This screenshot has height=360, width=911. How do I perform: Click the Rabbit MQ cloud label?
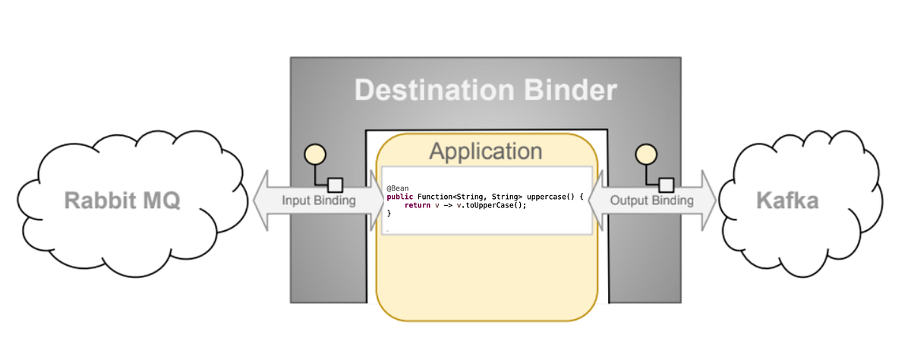122,201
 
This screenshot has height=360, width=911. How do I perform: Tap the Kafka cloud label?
787,201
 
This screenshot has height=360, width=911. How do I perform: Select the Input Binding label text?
319,201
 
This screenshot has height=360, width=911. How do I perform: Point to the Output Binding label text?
652,201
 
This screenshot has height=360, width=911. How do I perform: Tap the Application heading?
486,150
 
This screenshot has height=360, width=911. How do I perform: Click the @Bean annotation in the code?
398,188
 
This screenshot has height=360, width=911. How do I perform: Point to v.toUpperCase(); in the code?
490,205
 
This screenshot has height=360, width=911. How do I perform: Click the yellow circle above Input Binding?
314,154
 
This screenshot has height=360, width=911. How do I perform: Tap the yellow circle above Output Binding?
645,154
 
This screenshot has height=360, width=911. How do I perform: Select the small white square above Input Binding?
335,184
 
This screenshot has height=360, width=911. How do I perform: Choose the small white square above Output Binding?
666,184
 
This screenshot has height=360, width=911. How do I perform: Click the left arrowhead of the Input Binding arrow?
261,201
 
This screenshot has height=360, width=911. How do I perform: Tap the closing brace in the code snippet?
389,214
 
